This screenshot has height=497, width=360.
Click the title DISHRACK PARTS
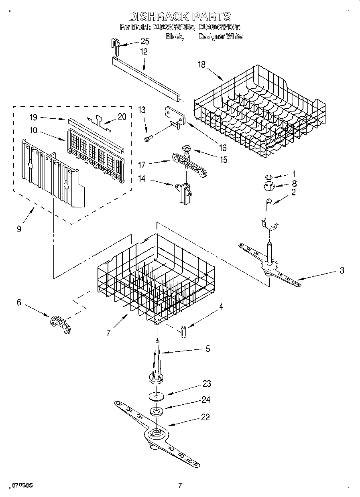pyautogui.click(x=180, y=16)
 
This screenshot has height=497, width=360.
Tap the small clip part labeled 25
pyautogui.click(x=116, y=46)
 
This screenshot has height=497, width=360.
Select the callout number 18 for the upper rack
pyautogui.click(x=201, y=65)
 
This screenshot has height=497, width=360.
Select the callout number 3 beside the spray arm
pyautogui.click(x=342, y=270)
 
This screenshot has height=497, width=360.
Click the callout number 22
pyautogui.click(x=205, y=417)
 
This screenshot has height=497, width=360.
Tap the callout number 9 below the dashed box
pyautogui.click(x=19, y=229)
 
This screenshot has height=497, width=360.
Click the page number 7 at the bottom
pyautogui.click(x=180, y=486)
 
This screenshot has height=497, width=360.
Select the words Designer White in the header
pyautogui.click(x=220, y=37)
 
